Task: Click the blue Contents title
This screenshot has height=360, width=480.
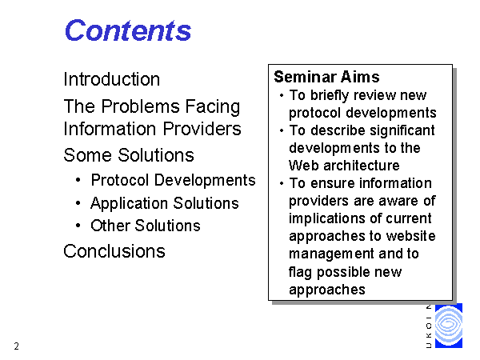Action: [x=128, y=30]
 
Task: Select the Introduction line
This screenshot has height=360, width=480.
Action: [x=112, y=79]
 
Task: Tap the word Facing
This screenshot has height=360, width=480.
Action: [x=213, y=107]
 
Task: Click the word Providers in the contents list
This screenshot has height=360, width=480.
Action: [x=202, y=129]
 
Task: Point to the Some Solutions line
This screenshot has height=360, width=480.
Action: [x=129, y=155]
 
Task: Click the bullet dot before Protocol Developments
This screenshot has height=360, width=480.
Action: [x=78, y=180]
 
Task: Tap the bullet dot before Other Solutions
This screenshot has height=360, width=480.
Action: [x=78, y=226]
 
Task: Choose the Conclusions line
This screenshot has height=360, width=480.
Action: [x=114, y=251]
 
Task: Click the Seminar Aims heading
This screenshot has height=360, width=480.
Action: [x=326, y=77]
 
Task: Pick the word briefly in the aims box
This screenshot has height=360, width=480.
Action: [x=330, y=95]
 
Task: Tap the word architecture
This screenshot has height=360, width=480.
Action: [x=362, y=166]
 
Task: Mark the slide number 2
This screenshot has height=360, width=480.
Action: [x=17, y=346]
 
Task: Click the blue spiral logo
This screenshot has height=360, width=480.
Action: [x=449, y=326]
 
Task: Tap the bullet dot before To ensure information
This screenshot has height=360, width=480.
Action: [x=282, y=184]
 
